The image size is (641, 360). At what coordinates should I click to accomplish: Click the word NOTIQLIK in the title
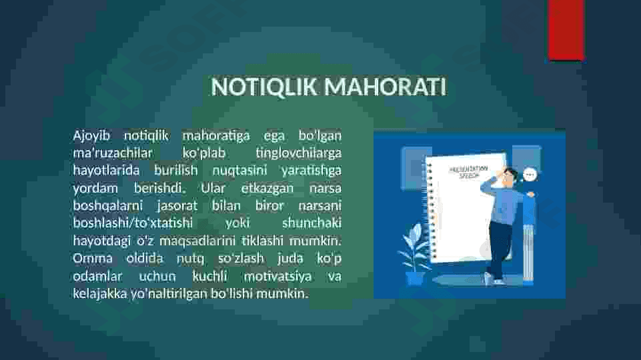click(x=264, y=87)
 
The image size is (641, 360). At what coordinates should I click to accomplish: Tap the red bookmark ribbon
click(x=566, y=29)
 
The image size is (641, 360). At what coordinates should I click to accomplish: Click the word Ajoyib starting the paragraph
click(x=91, y=136)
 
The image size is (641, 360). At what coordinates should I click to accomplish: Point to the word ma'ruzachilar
click(x=113, y=153)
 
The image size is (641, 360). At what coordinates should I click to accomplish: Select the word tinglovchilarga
click(x=298, y=153)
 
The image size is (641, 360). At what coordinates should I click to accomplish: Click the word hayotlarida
click(x=106, y=171)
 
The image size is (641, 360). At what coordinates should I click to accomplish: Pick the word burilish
click(x=176, y=170)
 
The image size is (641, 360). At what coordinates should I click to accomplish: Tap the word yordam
click(x=95, y=188)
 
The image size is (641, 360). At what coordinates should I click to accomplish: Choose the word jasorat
click(x=177, y=205)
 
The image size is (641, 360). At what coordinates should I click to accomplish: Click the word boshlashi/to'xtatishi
click(x=133, y=223)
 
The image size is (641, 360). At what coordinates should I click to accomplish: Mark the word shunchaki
click(x=311, y=223)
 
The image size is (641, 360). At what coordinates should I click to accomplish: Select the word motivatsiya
click(x=277, y=277)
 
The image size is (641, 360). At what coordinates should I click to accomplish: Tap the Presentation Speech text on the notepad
click(x=468, y=172)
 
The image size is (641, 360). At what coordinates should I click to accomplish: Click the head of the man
click(x=510, y=176)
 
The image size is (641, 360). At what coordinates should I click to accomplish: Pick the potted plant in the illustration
click(x=415, y=253)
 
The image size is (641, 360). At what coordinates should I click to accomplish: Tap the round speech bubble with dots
click(x=530, y=175)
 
